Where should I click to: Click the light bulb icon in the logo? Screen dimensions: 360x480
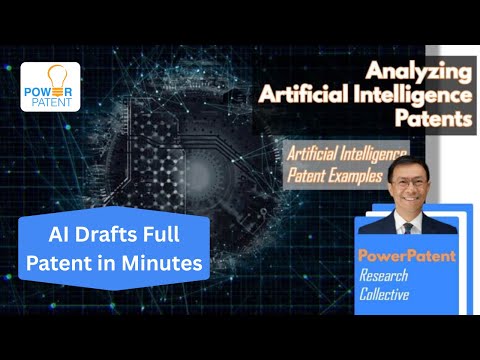pos(50,76)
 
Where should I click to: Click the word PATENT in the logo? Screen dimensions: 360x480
pos(50,101)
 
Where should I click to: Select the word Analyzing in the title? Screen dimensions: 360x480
pos(418,71)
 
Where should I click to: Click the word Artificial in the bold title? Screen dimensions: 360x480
pos(301,96)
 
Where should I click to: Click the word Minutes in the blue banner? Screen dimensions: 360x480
pos(168,263)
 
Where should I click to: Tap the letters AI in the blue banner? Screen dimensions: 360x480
pos(60,237)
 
